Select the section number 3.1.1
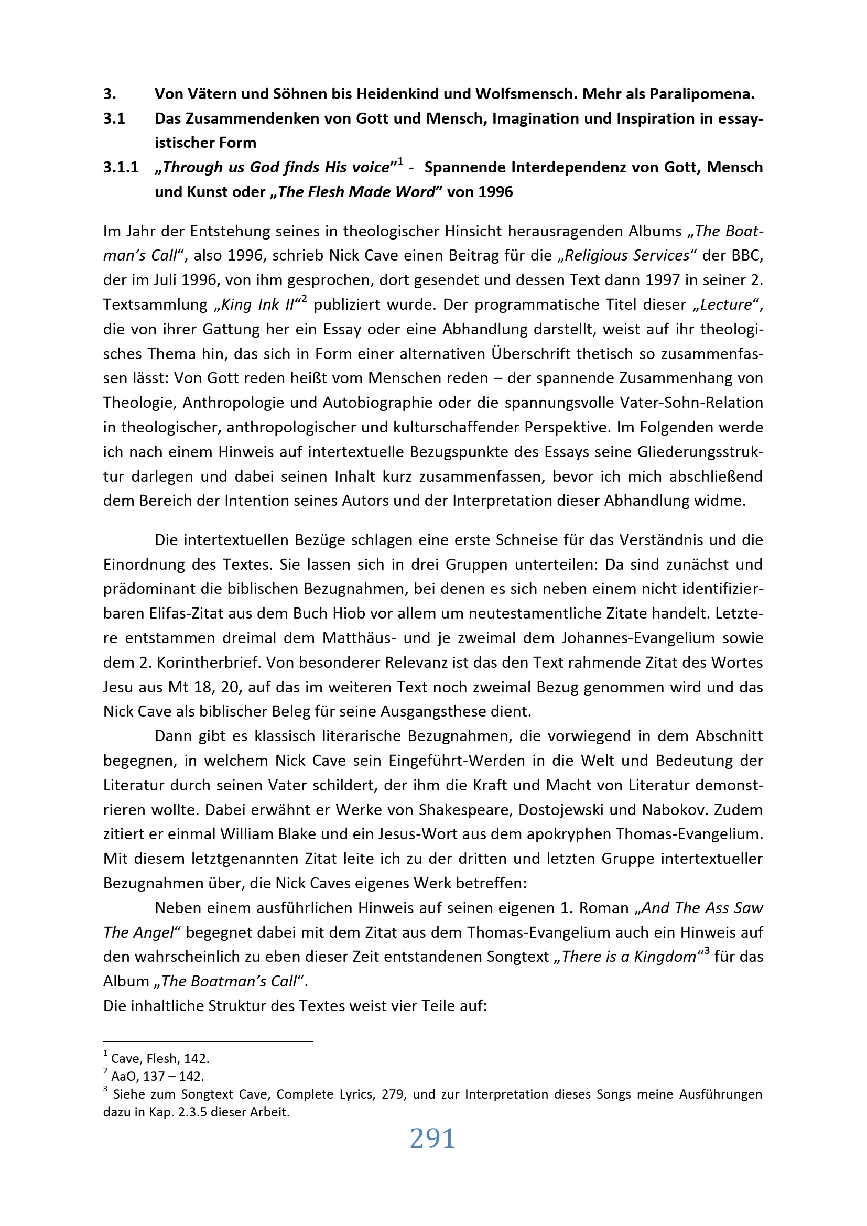[121, 168]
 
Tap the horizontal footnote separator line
[208, 1041]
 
